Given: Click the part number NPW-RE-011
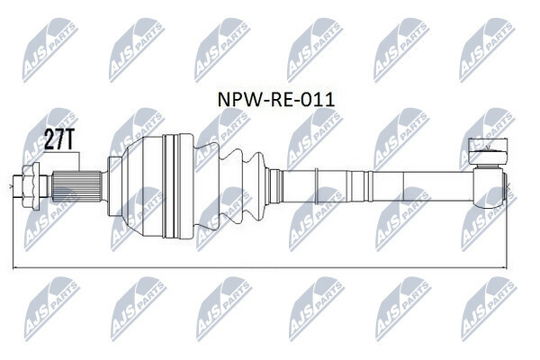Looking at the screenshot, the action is click(x=276, y=100).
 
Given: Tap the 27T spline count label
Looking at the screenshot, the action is click(x=58, y=139).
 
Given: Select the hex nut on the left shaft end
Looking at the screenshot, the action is click(x=31, y=186).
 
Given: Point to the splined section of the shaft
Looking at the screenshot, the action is click(x=76, y=186).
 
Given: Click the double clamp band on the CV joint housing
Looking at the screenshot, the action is click(x=172, y=186).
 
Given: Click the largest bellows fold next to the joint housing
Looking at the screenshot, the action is click(x=206, y=186).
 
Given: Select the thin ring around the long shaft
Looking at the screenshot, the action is click(x=316, y=186).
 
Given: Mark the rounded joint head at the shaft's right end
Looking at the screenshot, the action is click(x=488, y=188).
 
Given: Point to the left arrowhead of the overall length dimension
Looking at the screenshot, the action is click(x=15, y=267).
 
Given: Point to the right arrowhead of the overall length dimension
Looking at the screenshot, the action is click(x=505, y=267).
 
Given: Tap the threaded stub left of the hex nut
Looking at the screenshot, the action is click(x=18, y=186).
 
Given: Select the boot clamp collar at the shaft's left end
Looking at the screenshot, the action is click(x=275, y=186).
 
